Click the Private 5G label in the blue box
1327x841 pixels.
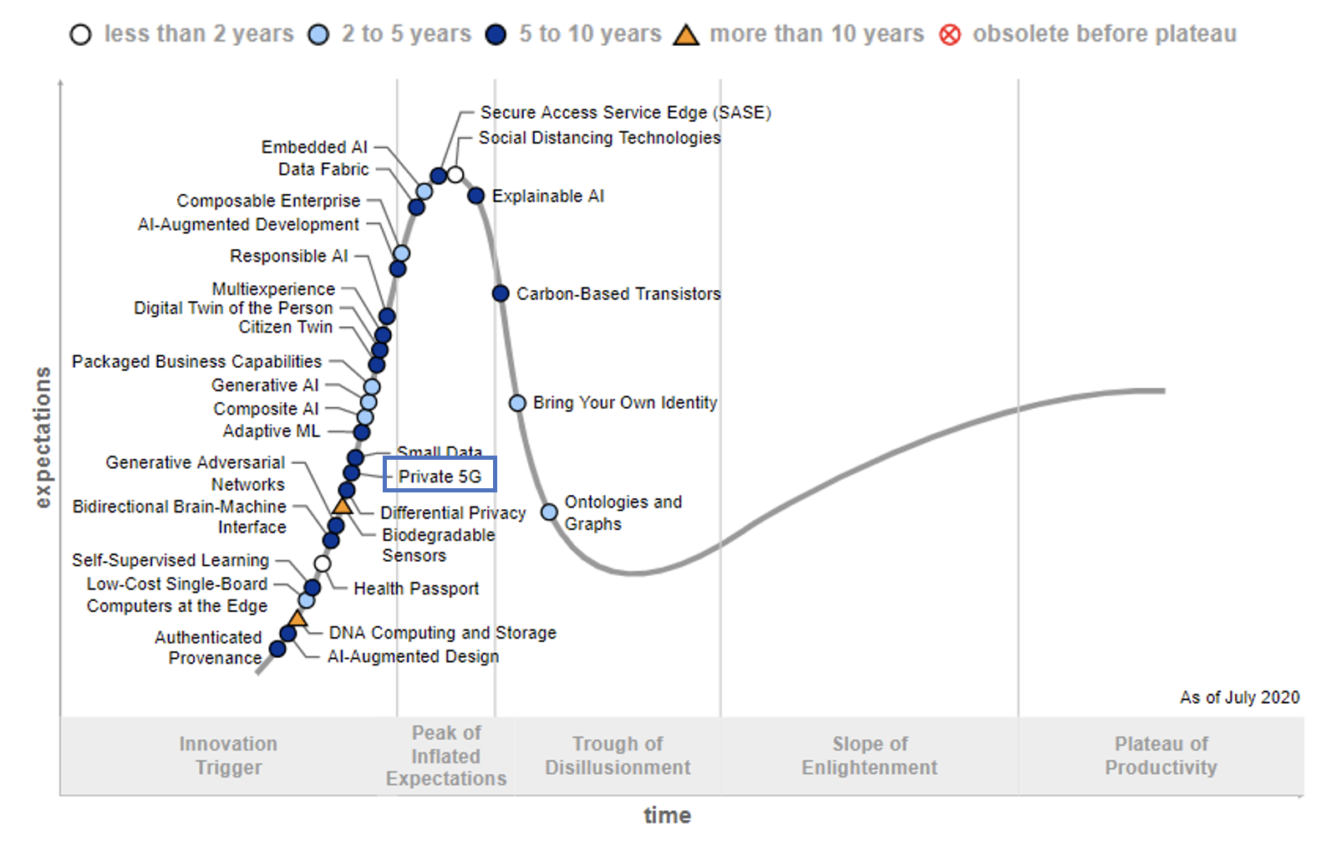440,476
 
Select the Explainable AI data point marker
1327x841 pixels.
475,196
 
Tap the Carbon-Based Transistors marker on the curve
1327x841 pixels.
501,293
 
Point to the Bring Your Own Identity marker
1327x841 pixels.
517,403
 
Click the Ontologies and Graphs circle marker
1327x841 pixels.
549,512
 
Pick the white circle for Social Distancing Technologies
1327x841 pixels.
455,175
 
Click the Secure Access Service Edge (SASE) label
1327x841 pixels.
625,112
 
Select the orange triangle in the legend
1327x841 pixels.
686,35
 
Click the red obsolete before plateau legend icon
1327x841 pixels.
950,35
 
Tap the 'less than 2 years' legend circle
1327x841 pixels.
80,35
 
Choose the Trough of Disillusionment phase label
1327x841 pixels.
618,756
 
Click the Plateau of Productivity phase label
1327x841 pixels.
1161,756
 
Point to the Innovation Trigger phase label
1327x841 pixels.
228,756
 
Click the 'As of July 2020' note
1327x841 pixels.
1239,697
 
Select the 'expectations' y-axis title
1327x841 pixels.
43,437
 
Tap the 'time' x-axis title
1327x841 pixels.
667,815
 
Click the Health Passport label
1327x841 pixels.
416,589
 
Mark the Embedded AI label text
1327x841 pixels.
314,147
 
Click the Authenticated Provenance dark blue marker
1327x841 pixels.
277,649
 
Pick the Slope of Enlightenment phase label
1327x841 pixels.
869,756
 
